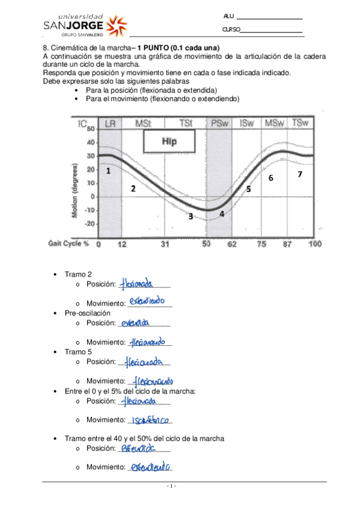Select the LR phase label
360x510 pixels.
point(110,123)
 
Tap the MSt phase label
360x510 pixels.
point(143,123)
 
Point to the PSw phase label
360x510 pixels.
point(219,123)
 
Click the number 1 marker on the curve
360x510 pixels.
point(108,171)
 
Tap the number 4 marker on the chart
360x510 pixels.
point(222,214)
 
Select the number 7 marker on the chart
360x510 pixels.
point(299,174)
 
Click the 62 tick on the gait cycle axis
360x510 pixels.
point(233,244)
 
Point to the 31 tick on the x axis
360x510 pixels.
point(165,244)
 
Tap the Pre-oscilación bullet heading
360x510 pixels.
point(88,313)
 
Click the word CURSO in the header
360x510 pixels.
point(231,29)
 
